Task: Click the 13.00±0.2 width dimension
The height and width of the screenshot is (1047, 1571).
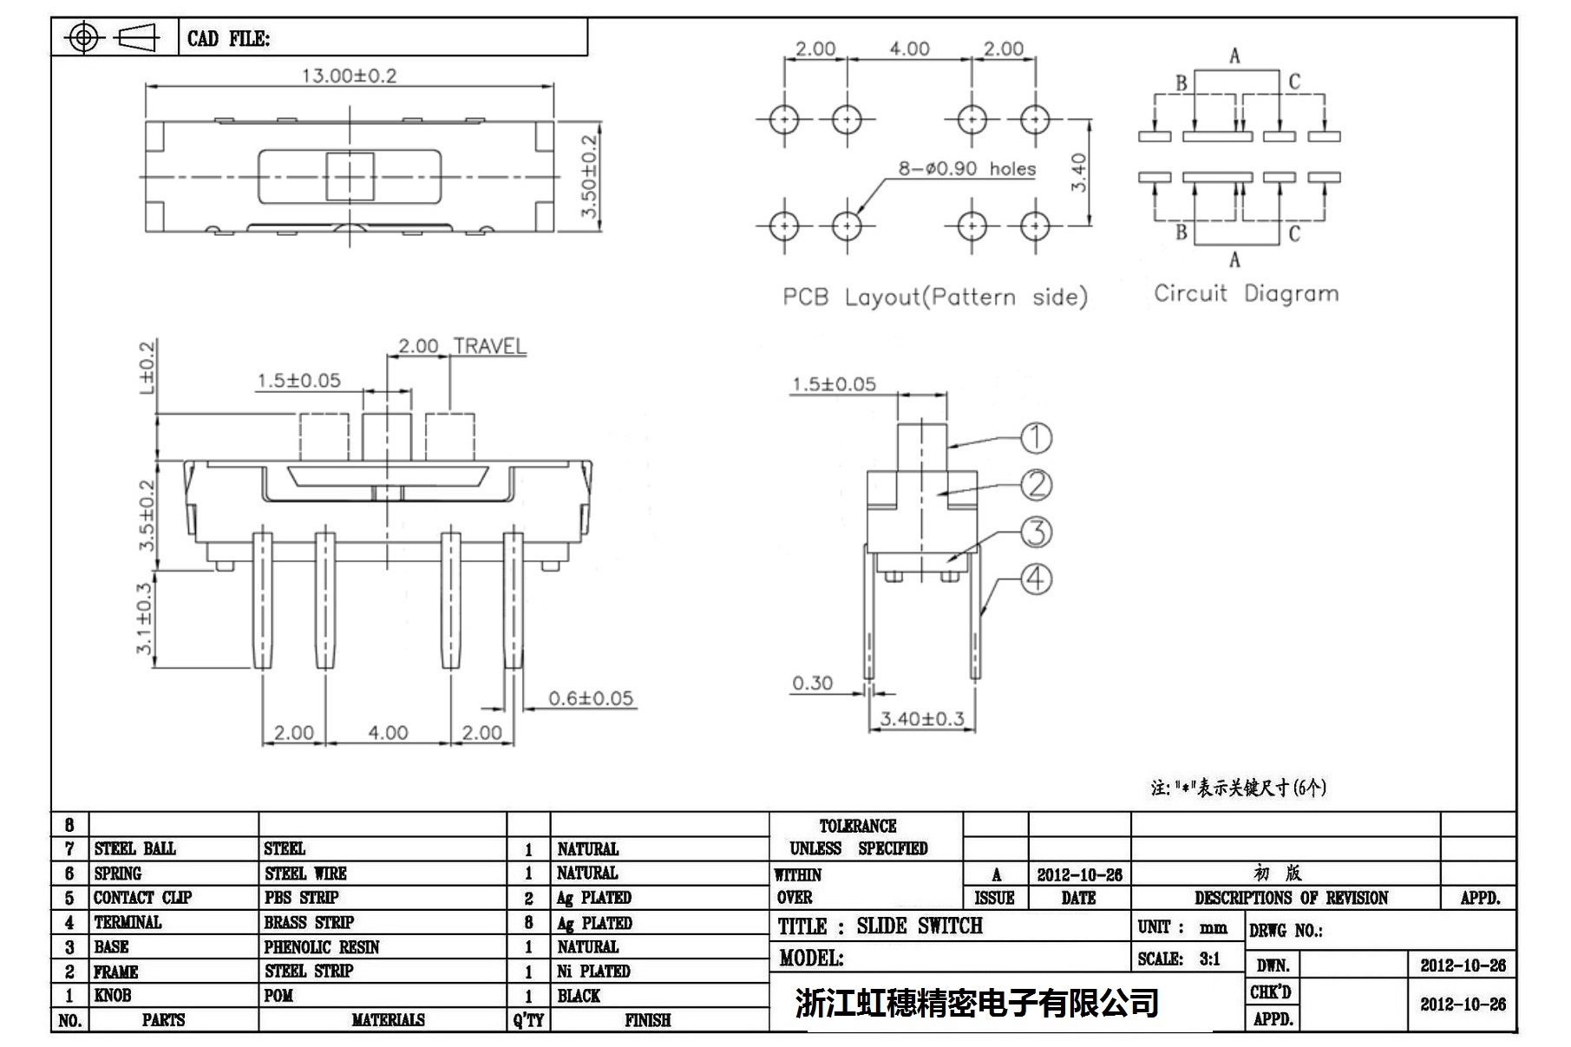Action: coord(349,75)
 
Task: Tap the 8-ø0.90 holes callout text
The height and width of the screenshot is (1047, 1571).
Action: coord(966,168)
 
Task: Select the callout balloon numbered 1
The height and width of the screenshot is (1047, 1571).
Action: coord(1035,438)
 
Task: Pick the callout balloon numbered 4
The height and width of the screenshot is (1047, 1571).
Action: coord(1035,579)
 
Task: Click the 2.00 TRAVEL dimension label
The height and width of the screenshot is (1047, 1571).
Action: coord(461,346)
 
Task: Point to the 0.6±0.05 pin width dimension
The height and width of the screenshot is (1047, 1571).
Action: coord(591,698)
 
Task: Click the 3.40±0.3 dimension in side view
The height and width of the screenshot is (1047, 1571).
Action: coord(921,718)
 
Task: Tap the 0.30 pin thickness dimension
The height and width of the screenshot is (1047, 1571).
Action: coord(812,684)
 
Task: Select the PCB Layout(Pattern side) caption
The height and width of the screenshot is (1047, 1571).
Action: coord(934,297)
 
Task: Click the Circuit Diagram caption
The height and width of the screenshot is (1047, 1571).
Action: coord(1246,293)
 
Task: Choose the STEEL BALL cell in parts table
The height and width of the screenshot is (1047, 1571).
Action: coord(135,848)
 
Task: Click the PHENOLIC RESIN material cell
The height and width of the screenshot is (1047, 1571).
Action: coord(322,946)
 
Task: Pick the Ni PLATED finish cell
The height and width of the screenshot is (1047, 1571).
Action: coord(593,971)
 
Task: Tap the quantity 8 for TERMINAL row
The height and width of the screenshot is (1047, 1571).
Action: coord(528,922)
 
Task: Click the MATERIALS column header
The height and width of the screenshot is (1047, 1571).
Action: coord(388,1020)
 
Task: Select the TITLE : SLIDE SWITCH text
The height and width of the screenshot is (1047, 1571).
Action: coord(880,926)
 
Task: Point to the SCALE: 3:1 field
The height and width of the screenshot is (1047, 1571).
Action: coord(1179,959)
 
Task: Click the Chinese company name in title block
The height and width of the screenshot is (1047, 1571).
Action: coord(977,1003)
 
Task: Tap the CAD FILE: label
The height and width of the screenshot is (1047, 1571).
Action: coord(228,39)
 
